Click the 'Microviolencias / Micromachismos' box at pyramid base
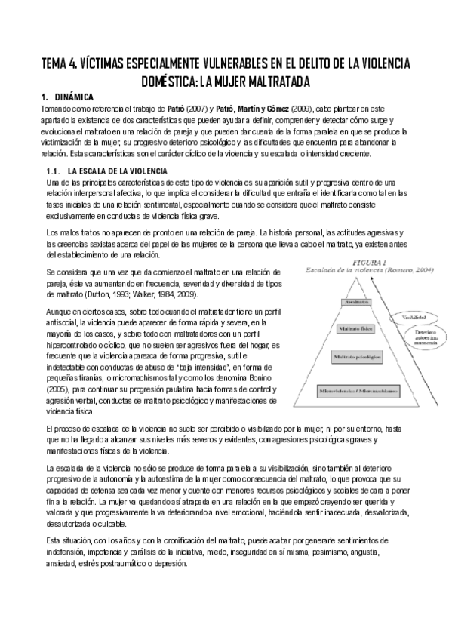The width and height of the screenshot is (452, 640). point(352,392)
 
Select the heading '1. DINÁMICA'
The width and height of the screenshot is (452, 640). point(66,97)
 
